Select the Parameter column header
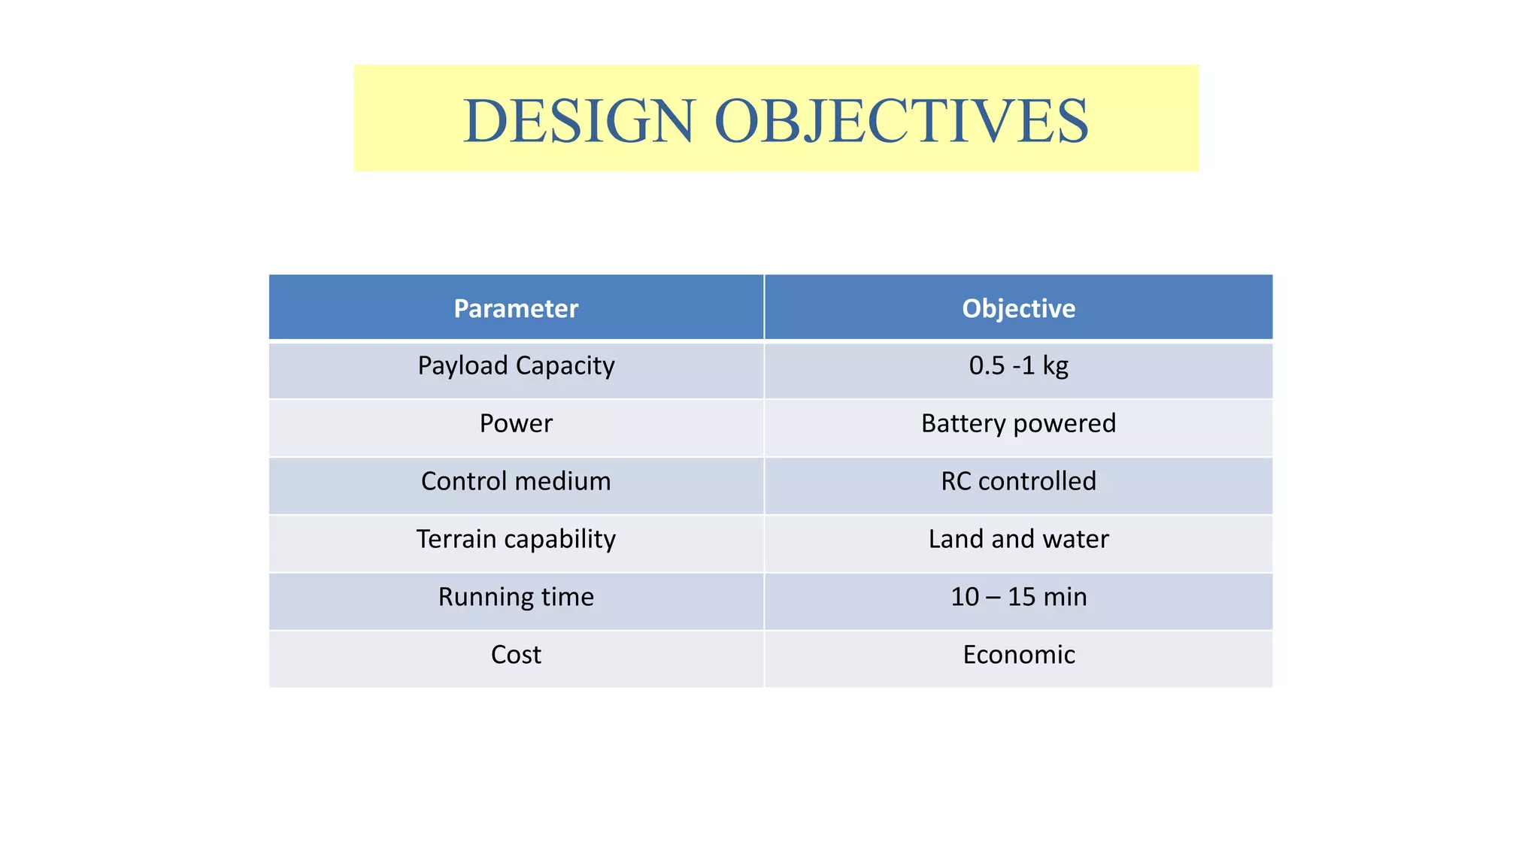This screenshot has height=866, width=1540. click(516, 308)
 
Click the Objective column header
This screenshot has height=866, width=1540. click(1018, 308)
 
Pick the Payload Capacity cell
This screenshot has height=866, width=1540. click(516, 366)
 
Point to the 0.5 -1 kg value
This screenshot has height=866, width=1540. click(1018, 366)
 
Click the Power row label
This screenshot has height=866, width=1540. click(516, 423)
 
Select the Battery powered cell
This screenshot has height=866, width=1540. click(1018, 423)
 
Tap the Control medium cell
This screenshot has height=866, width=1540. click(516, 481)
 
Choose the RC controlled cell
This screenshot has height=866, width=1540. click(1018, 481)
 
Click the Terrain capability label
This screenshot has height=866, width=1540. click(516, 539)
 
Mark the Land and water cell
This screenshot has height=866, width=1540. click(1018, 539)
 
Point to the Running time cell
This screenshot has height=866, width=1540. click(516, 597)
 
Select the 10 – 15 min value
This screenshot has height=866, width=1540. click(1018, 597)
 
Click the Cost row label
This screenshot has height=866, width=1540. click(516, 655)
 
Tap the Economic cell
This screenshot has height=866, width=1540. click(1018, 655)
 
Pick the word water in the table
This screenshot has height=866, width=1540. click(1075, 539)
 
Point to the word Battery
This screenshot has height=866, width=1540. click(964, 423)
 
